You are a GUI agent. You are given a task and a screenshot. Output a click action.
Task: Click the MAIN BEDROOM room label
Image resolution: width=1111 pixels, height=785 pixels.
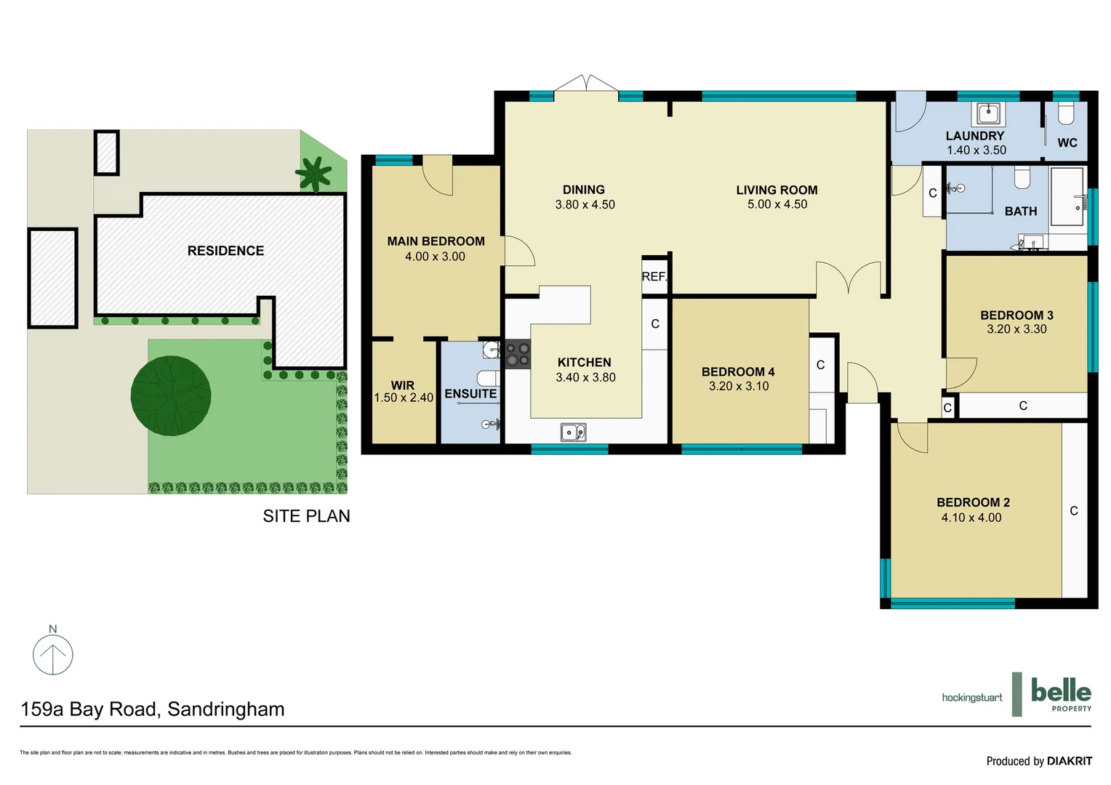(x=436, y=241)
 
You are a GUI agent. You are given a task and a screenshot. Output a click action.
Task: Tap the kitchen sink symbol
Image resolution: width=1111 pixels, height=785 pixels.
(x=573, y=432)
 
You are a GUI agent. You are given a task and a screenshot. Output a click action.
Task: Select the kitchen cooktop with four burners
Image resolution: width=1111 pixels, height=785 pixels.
(x=518, y=354)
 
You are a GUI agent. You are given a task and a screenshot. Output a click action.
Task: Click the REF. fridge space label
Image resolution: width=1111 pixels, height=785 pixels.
(x=654, y=277)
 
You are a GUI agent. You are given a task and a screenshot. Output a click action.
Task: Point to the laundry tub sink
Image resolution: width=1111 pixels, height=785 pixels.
(x=987, y=113)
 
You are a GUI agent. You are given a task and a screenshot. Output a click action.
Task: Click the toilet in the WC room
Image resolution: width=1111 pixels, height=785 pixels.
(x=1066, y=113)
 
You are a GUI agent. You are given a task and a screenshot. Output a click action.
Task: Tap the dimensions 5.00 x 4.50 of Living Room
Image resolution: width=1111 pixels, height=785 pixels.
(x=777, y=205)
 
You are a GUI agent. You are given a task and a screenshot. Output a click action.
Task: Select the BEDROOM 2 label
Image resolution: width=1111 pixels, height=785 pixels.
(x=973, y=502)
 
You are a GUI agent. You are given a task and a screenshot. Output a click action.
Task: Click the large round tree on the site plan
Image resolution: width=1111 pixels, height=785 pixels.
(x=171, y=395)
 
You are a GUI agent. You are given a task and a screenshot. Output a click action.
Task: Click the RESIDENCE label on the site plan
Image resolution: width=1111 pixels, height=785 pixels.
(x=225, y=251)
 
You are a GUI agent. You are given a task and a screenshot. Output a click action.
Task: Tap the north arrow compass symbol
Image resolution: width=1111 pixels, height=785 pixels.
(x=53, y=654)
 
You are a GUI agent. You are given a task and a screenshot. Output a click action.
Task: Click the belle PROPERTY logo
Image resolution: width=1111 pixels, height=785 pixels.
(x=1060, y=693)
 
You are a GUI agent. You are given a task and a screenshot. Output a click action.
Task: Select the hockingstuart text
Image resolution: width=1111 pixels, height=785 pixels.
(x=971, y=698)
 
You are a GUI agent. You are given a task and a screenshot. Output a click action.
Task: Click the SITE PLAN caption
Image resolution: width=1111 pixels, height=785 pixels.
(x=306, y=516)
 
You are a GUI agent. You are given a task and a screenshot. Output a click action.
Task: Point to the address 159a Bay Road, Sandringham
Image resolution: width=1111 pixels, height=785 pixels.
(x=153, y=709)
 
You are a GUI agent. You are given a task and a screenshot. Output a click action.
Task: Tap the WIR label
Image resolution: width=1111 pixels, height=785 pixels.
(x=402, y=385)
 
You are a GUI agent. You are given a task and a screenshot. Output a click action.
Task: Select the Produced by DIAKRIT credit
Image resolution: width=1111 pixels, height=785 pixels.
(x=1038, y=761)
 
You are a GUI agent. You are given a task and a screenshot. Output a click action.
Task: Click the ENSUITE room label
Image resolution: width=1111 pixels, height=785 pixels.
(x=470, y=394)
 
